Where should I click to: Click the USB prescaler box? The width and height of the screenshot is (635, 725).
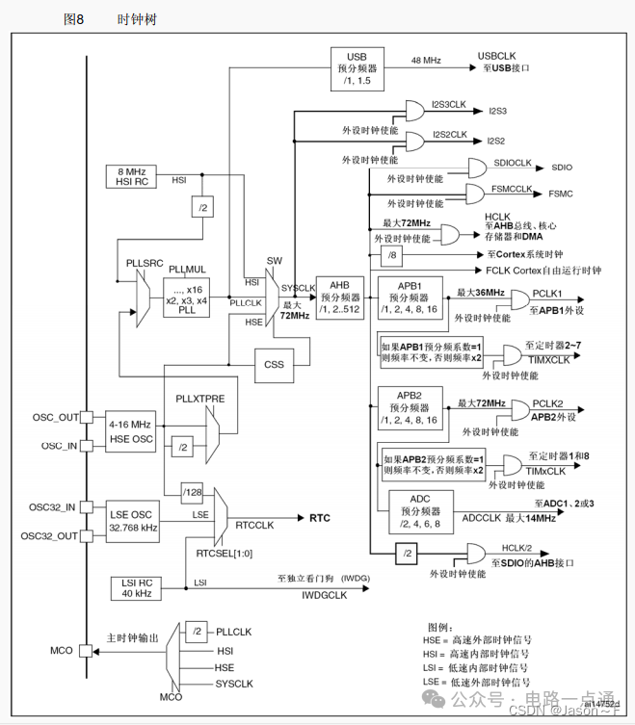[358, 68]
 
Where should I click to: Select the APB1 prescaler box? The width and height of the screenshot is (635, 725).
[410, 297]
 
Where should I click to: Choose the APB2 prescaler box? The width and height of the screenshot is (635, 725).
[410, 408]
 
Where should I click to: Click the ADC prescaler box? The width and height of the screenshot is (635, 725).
[420, 511]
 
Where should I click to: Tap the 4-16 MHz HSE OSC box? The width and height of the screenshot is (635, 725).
[131, 430]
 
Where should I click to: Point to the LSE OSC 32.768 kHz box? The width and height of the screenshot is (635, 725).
[134, 521]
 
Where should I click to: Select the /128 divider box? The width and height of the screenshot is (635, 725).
[193, 494]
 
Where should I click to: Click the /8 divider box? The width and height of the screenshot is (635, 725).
[391, 254]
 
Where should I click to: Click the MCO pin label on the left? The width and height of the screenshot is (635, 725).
[61, 650]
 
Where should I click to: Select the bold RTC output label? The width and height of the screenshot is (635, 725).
[319, 518]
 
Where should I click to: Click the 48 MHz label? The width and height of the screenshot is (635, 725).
[425, 61]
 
